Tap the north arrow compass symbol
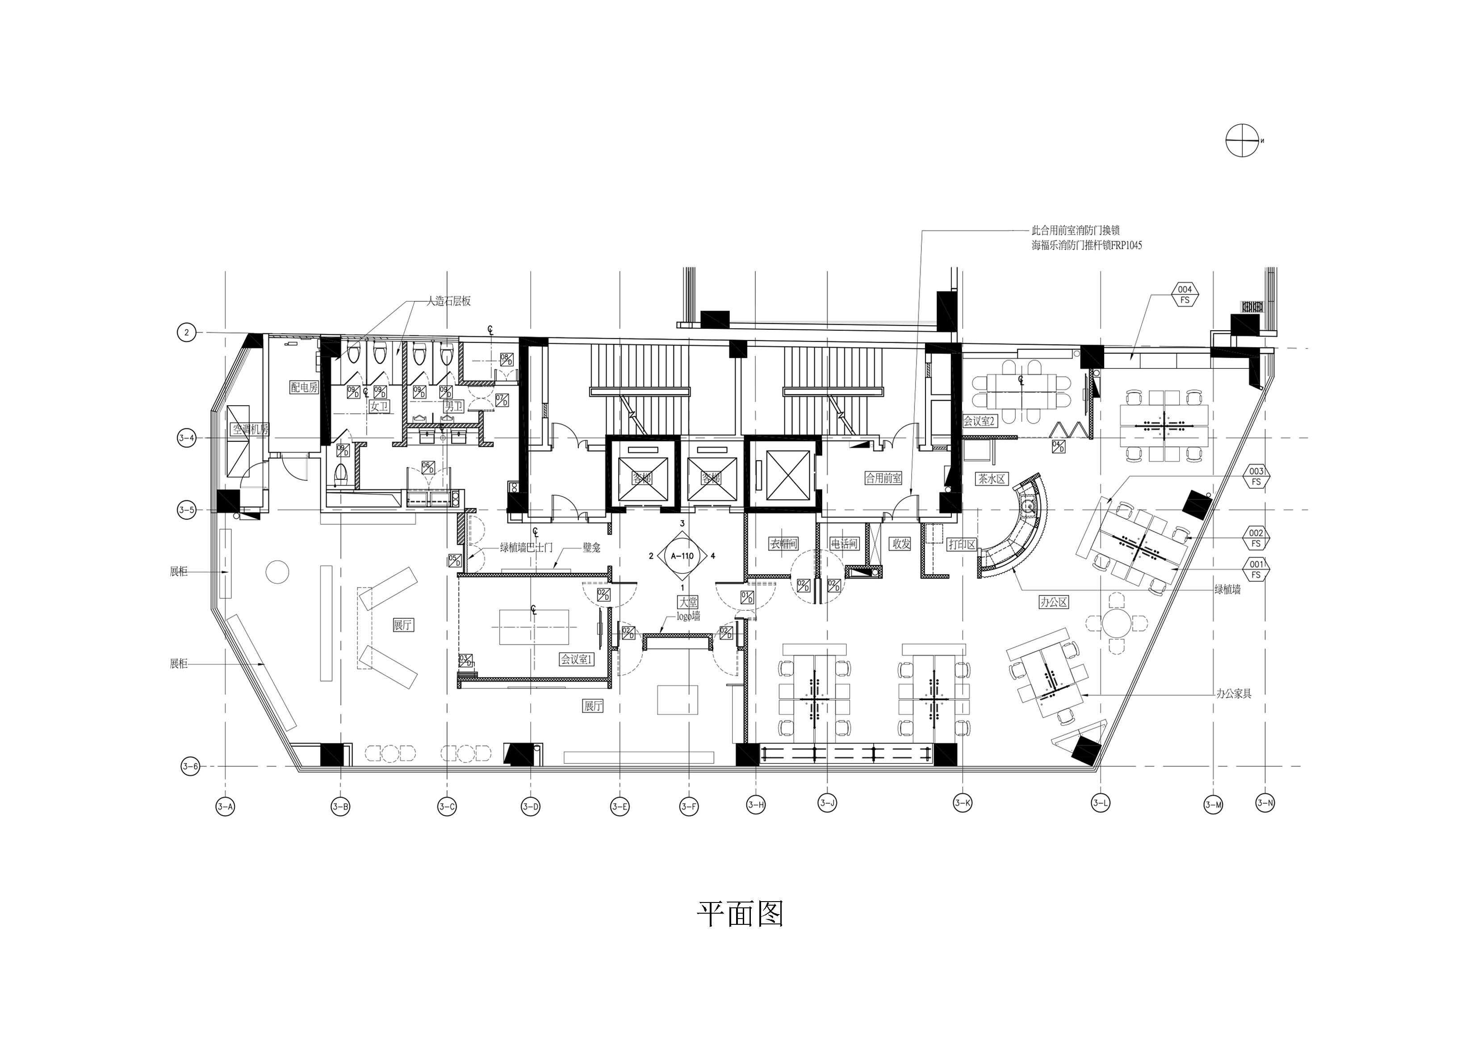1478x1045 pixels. [x=1242, y=140]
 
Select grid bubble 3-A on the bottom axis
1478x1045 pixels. [x=225, y=807]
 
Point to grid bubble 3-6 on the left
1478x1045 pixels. [x=190, y=766]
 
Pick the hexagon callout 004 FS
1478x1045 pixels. [x=1185, y=295]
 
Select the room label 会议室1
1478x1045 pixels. [x=576, y=660]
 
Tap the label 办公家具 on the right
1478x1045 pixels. [x=1233, y=694]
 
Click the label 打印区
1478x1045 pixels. [x=963, y=544]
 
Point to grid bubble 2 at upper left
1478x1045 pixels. [x=186, y=332]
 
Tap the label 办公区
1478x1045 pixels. [x=1054, y=602]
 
